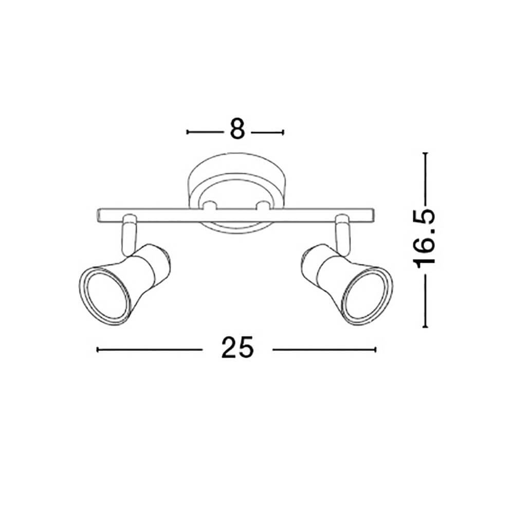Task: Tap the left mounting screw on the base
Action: [x=209, y=206]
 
